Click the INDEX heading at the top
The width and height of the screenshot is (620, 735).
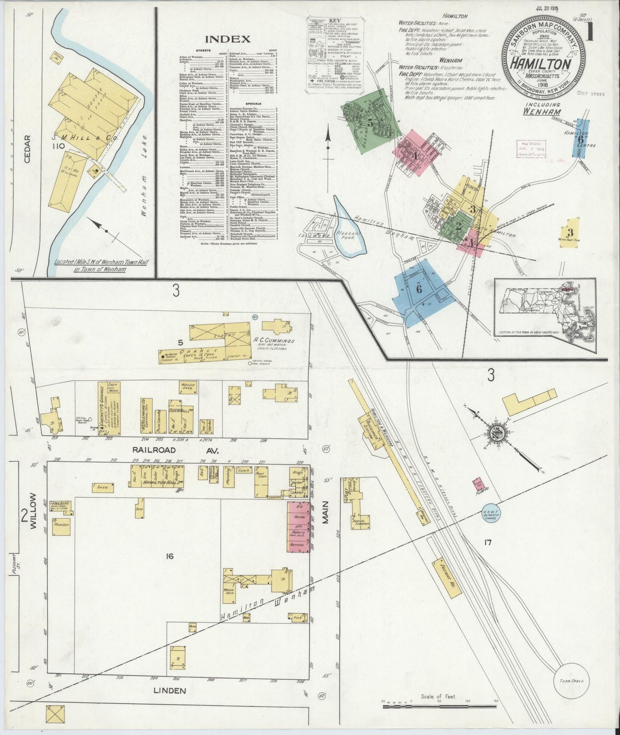(228, 39)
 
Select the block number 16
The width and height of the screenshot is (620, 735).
(170, 557)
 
